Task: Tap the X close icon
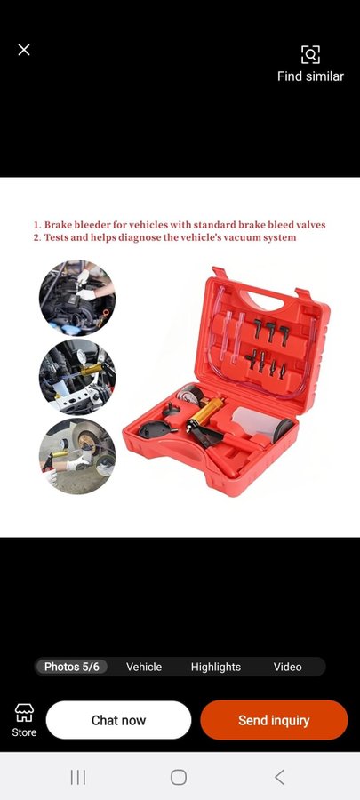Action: [24, 50]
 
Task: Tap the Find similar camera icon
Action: [310, 54]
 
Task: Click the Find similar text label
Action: [310, 76]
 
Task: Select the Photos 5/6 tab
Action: [71, 667]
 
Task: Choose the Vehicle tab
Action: [144, 667]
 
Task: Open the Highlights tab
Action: [216, 667]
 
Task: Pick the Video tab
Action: [288, 667]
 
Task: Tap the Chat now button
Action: [119, 720]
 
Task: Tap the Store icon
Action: [24, 712]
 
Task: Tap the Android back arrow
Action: [279, 777]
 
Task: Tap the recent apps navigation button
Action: [78, 777]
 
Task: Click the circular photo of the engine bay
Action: [77, 298]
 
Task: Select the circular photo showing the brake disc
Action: [77, 456]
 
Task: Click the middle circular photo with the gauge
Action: [77, 377]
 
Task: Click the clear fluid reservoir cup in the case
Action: [257, 423]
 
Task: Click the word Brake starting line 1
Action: [60, 225]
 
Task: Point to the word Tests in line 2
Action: [58, 237]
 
